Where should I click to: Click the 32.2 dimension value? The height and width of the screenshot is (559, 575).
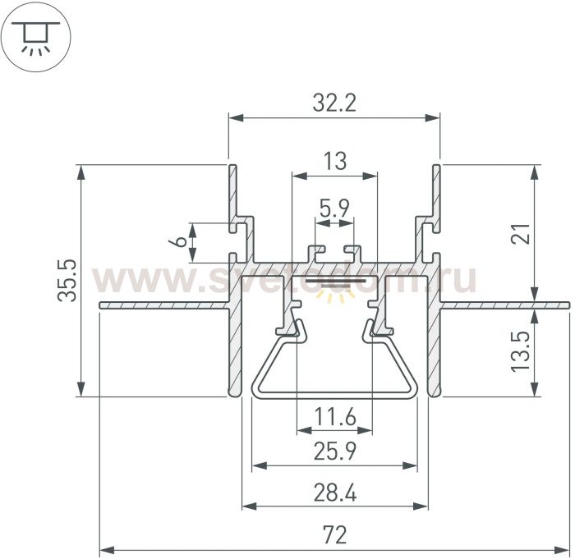tap(334, 103)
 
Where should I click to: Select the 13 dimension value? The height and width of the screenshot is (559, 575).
tap(334, 161)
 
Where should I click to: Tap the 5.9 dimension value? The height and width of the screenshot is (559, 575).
tap(334, 208)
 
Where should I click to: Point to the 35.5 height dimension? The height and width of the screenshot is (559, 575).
tap(67, 281)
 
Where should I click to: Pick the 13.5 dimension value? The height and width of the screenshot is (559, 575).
tap(521, 351)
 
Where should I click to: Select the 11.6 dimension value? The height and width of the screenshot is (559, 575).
tap(335, 417)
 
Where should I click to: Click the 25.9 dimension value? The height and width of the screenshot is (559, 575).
tap(335, 451)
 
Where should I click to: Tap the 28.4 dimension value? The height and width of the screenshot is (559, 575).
tap(335, 493)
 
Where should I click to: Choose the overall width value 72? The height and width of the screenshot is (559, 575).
tap(335, 534)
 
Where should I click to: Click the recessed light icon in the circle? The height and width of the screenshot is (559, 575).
tap(35, 38)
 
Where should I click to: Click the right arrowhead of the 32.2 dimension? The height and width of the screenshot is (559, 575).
tap(432, 118)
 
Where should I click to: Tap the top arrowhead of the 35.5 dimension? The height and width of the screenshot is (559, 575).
tap(81, 172)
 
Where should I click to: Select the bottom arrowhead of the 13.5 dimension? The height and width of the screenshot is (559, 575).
tap(536, 389)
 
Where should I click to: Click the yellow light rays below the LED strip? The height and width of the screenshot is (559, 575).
tap(335, 295)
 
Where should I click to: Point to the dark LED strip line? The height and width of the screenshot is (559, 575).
tap(335, 281)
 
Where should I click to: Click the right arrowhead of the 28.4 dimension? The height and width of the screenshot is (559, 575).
tap(421, 506)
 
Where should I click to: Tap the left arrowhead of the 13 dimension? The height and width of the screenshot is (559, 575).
tap(299, 176)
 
